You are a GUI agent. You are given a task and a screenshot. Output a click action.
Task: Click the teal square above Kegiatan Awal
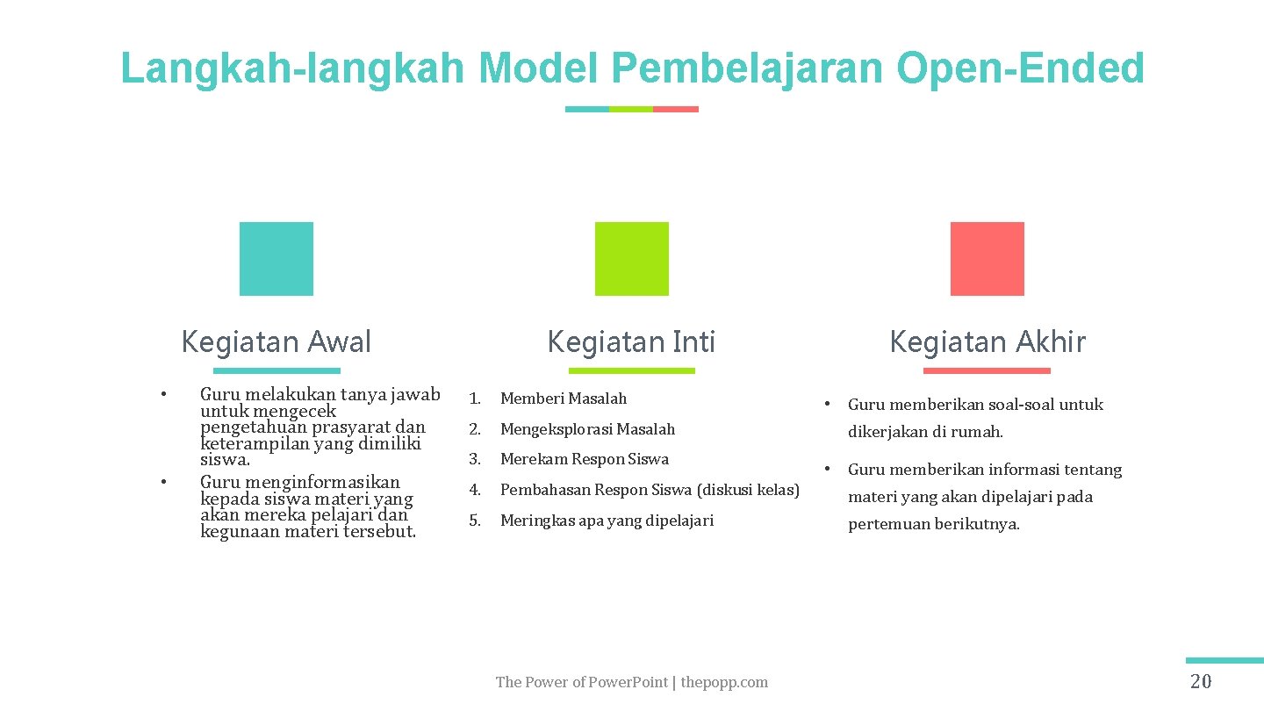[x=276, y=259]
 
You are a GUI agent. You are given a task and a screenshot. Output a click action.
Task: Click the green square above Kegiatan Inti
[x=631, y=259]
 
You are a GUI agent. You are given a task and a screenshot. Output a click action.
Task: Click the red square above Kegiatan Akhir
[x=987, y=259]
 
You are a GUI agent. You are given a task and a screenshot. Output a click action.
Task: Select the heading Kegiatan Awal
[x=276, y=341]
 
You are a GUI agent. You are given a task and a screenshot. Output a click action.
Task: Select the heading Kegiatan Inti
[x=631, y=341]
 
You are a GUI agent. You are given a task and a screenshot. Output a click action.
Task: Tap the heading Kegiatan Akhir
[x=987, y=341]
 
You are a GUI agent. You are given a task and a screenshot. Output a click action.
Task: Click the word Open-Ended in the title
[x=1021, y=68]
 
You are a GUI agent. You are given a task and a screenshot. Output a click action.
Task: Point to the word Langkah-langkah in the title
[x=292, y=68]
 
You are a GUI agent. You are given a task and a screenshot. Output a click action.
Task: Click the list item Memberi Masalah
[x=564, y=399]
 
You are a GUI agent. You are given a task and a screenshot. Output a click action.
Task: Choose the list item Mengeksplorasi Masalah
[x=587, y=429]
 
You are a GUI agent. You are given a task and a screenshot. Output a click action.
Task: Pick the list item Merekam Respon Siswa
[x=585, y=459]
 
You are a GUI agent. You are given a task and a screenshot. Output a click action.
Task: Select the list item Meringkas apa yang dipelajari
[x=607, y=521]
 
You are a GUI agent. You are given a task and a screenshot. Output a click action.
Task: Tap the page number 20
[x=1200, y=682]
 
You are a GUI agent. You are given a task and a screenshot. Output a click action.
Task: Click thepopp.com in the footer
[x=724, y=682]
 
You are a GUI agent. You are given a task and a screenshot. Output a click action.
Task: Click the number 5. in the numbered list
[x=475, y=521]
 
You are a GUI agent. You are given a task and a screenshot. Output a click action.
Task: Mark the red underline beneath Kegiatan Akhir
[x=987, y=370]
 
